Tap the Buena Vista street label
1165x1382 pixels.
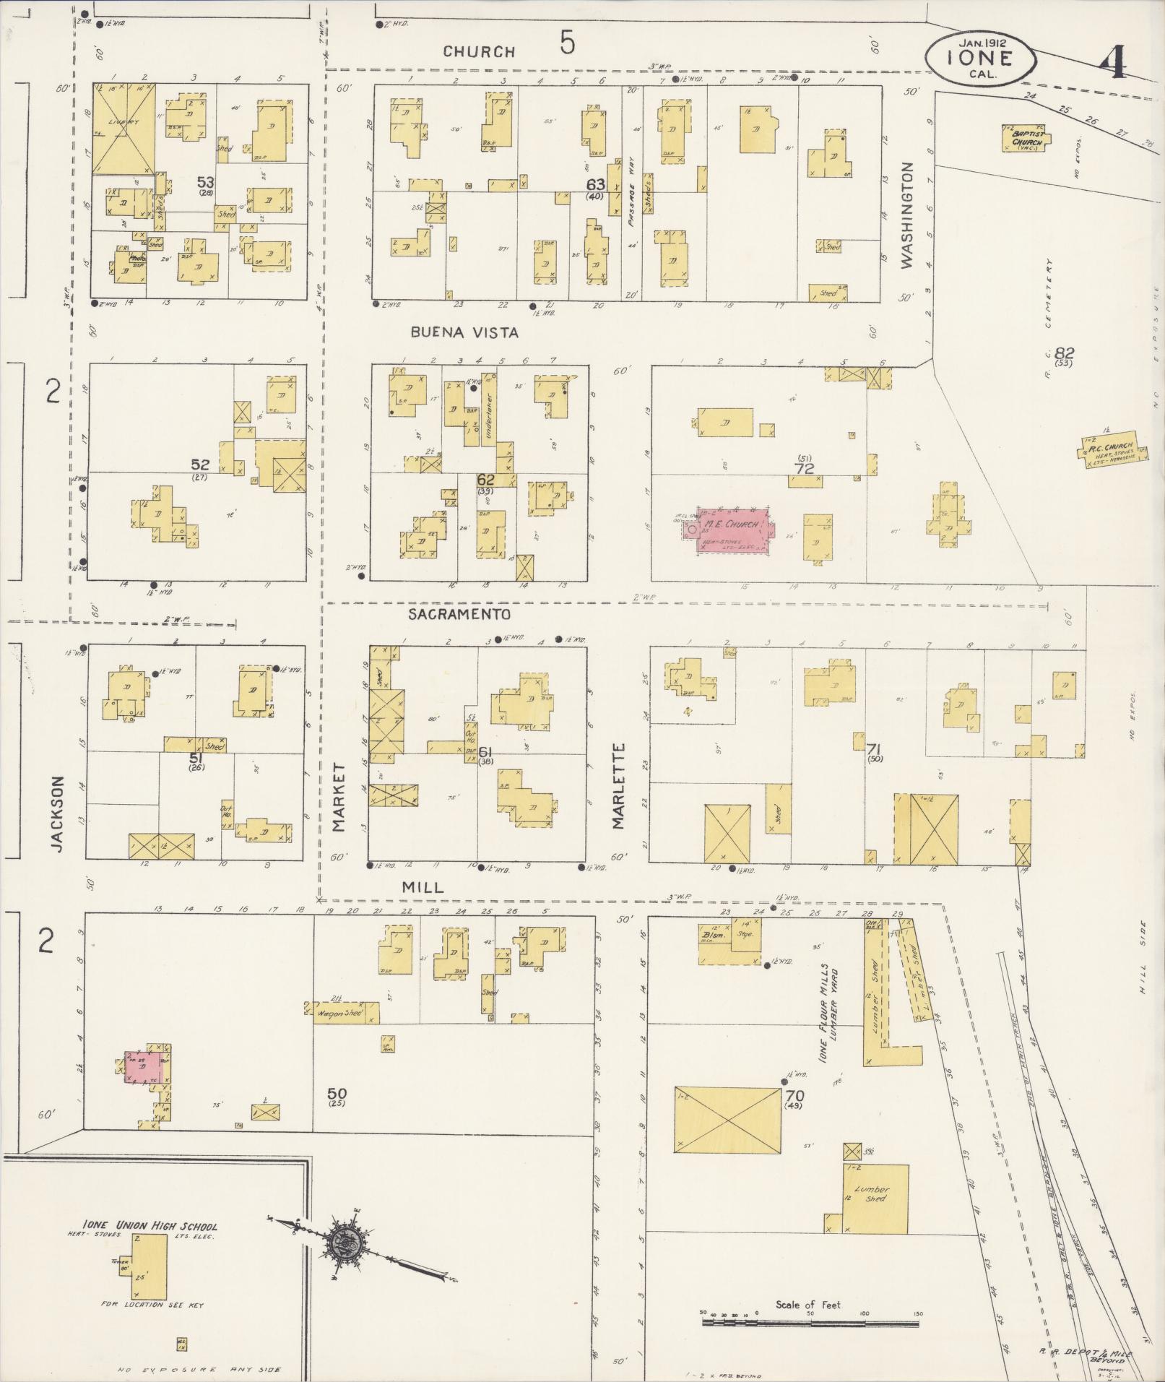click(x=464, y=332)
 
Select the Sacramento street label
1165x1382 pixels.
click(x=459, y=614)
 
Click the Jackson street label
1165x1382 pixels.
click(x=59, y=814)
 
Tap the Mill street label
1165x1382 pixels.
click(x=423, y=887)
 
